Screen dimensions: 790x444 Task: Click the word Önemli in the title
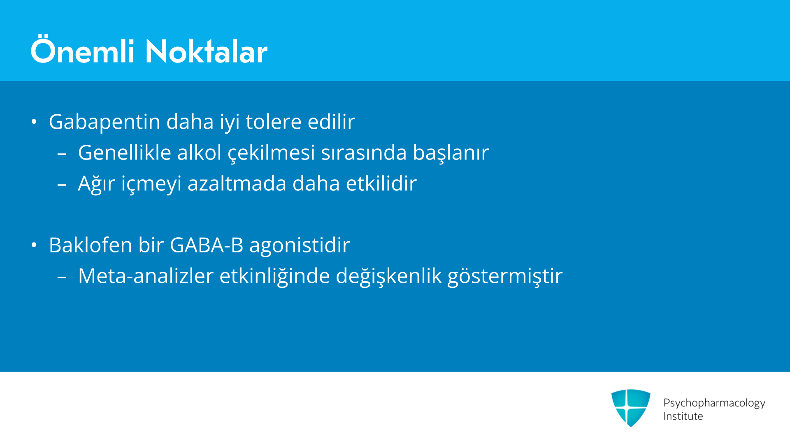click(x=83, y=50)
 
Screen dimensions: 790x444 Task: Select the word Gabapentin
click(x=105, y=122)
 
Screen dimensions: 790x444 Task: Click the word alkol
click(x=200, y=153)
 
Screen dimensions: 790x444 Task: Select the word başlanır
click(x=451, y=153)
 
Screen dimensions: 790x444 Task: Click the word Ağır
click(x=97, y=183)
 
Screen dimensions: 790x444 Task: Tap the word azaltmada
click(x=237, y=183)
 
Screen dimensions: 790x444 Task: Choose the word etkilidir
click(x=381, y=183)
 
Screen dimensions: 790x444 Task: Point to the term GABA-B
click(x=207, y=245)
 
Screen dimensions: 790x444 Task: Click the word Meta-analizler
click(x=146, y=276)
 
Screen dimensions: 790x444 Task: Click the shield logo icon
click(x=631, y=408)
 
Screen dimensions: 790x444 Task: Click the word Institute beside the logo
click(x=683, y=416)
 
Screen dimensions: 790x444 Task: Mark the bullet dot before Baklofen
click(x=34, y=245)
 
